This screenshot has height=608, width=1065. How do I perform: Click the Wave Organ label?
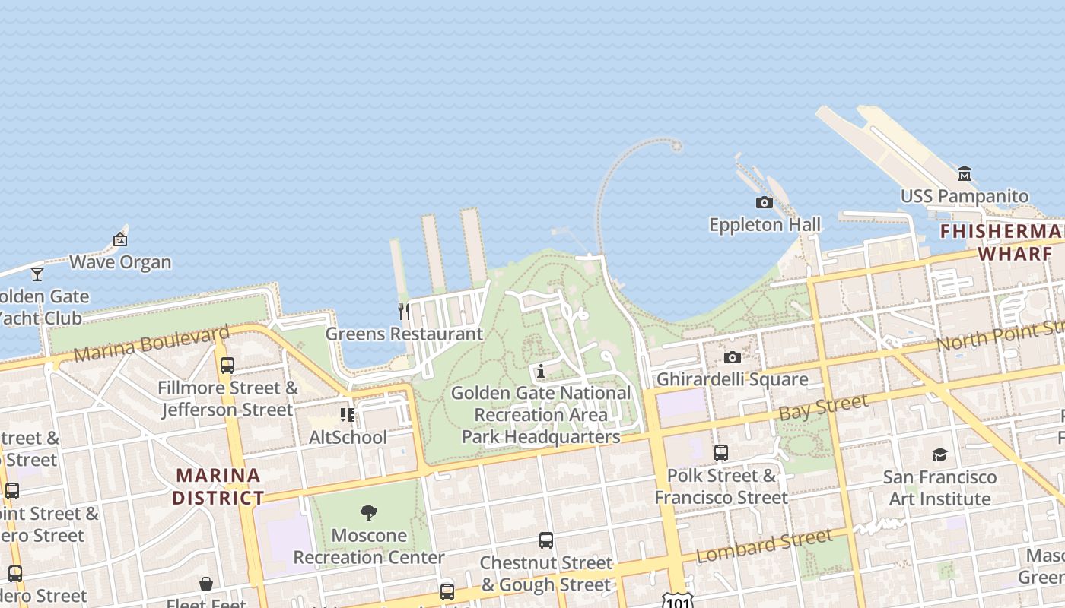point(120,262)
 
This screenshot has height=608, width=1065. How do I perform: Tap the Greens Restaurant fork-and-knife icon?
point(404,311)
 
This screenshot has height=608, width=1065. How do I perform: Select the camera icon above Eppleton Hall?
point(764,202)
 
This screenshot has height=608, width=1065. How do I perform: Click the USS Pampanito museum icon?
point(965,173)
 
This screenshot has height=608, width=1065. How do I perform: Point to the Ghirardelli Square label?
point(732,379)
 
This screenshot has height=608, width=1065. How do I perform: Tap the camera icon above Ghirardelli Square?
point(732,357)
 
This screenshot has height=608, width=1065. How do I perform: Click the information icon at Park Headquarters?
point(541,371)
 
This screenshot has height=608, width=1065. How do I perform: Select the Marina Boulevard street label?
point(151,344)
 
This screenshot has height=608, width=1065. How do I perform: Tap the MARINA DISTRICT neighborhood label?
point(218,486)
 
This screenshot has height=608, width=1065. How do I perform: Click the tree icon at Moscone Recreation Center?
point(369,513)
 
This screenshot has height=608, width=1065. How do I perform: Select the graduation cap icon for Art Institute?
point(939,454)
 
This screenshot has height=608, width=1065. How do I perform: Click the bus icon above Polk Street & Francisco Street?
point(721,453)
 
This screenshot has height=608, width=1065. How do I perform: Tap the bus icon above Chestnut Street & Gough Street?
point(546,540)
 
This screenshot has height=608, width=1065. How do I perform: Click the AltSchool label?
point(348,437)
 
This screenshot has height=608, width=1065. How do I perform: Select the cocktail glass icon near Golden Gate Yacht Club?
point(37,274)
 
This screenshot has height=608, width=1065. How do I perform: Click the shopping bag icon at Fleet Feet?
point(206,584)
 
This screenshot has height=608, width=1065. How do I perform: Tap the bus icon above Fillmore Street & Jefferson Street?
point(227,366)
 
